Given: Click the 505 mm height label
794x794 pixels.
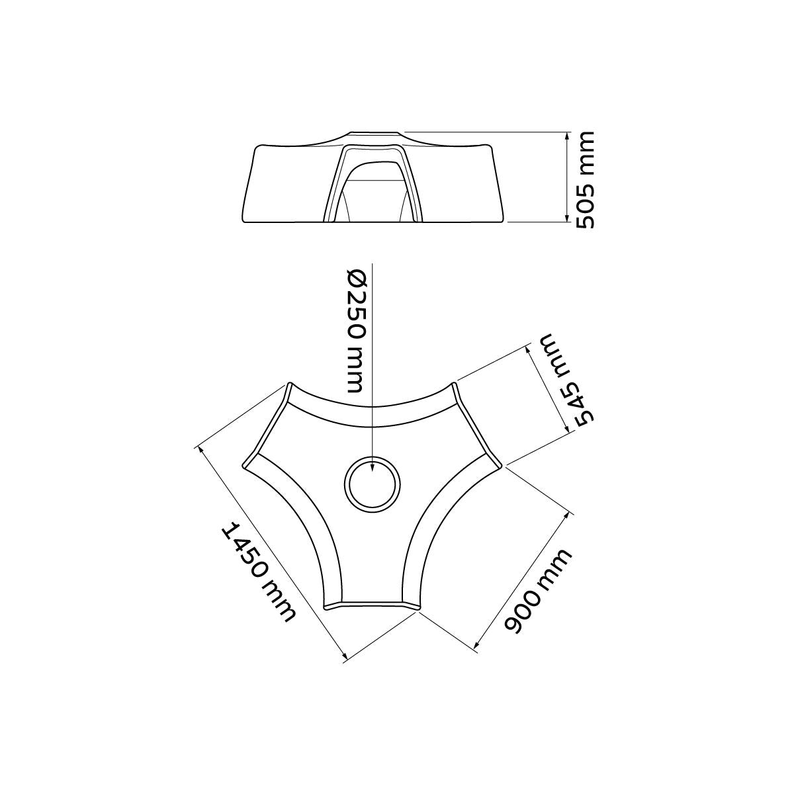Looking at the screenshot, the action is click(x=585, y=180).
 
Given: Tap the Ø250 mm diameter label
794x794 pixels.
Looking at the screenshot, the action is click(x=355, y=331).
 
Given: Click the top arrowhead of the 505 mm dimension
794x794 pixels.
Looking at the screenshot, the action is click(x=567, y=137).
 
